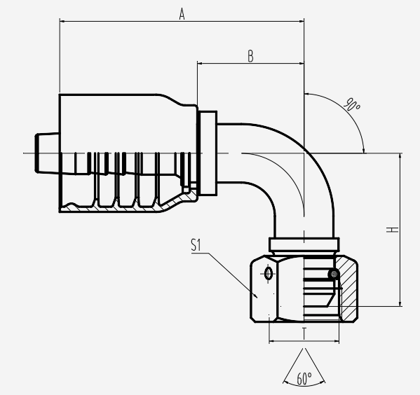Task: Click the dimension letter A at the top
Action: click(182, 14)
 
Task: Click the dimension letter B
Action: click(250, 56)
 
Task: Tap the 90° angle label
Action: click(352, 104)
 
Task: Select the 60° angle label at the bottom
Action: click(304, 378)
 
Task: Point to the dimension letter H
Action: click(393, 230)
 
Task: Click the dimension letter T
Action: click(304, 333)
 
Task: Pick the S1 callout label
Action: click(196, 245)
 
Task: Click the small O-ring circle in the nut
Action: click(334, 274)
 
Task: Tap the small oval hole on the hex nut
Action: click(268, 274)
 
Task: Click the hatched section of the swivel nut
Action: click(348, 289)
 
